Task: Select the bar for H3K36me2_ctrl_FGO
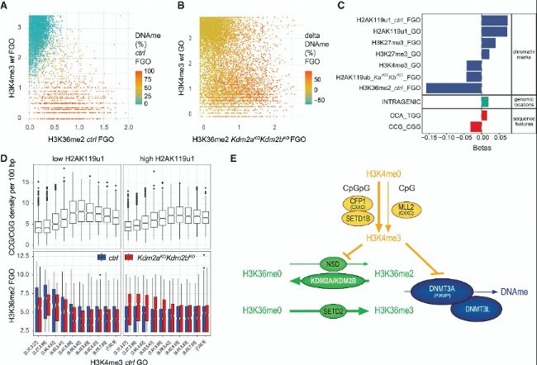coord(454,87)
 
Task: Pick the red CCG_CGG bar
coord(476,126)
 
